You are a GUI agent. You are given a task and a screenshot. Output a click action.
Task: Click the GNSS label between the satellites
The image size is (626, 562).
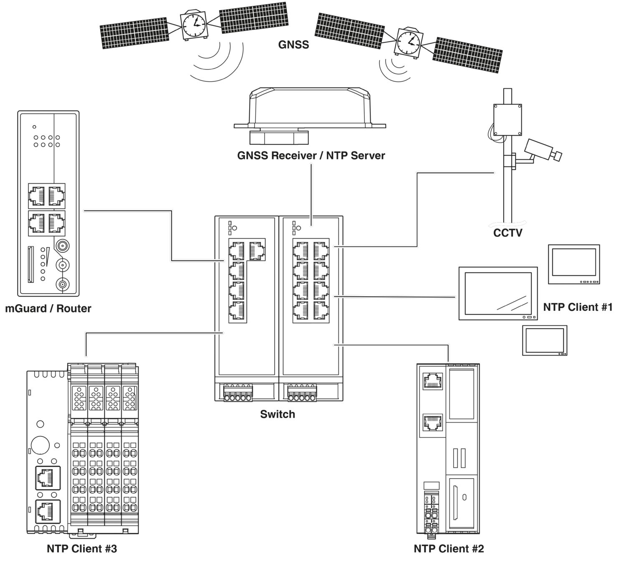[x=293, y=44]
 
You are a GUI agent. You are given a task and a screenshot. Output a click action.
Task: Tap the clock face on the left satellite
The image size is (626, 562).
[x=193, y=25]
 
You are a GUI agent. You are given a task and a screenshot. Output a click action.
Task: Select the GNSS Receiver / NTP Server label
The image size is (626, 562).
[x=311, y=156]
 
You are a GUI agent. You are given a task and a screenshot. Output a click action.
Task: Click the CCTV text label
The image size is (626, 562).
[x=507, y=233]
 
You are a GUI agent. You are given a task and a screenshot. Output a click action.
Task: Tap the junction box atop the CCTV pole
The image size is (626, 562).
[x=507, y=120]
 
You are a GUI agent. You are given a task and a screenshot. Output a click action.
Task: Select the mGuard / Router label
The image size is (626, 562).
[x=48, y=309]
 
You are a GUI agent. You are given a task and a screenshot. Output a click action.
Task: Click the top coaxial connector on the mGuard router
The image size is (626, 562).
[x=62, y=245]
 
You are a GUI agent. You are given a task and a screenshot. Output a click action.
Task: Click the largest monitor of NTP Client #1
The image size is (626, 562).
[x=498, y=293]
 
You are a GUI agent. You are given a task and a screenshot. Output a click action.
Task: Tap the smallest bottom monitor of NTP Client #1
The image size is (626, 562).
[x=545, y=340]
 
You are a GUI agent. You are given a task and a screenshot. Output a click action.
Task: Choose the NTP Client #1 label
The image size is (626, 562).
[x=578, y=307]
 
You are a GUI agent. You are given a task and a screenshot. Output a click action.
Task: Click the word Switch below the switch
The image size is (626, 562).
[x=278, y=414]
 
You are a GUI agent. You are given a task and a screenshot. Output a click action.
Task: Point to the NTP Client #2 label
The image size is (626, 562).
[x=449, y=549]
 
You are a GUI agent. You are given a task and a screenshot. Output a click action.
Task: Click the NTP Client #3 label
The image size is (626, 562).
[x=82, y=549]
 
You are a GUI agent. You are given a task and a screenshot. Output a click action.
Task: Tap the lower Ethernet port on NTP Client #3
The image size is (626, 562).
[x=48, y=511]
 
